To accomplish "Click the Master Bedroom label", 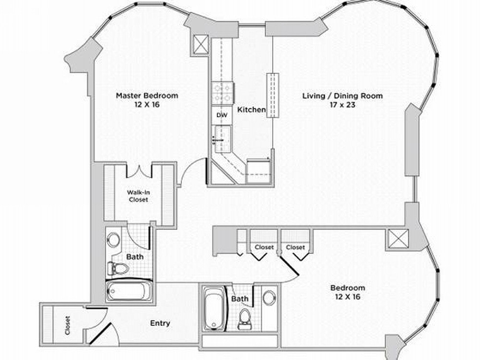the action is (x=147, y=96).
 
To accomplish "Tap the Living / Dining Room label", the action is (x=343, y=96).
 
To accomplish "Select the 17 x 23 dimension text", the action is (x=343, y=105).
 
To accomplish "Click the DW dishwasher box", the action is (x=222, y=115).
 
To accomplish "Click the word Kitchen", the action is (x=252, y=109).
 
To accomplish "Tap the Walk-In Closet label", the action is (x=138, y=196).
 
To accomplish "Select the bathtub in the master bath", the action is (x=129, y=290).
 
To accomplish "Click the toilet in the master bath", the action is (x=118, y=268).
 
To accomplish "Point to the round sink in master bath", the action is (x=114, y=240).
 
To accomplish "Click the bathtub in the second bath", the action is (x=214, y=308).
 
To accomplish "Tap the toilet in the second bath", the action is (x=245, y=319).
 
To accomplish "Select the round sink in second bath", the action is (x=269, y=297).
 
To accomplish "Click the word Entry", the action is (x=160, y=323).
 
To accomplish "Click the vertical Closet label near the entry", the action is (x=68, y=325).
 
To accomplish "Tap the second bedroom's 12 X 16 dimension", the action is (x=348, y=297).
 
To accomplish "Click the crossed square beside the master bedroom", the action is (x=201, y=45).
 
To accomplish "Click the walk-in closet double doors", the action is (x=139, y=171).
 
